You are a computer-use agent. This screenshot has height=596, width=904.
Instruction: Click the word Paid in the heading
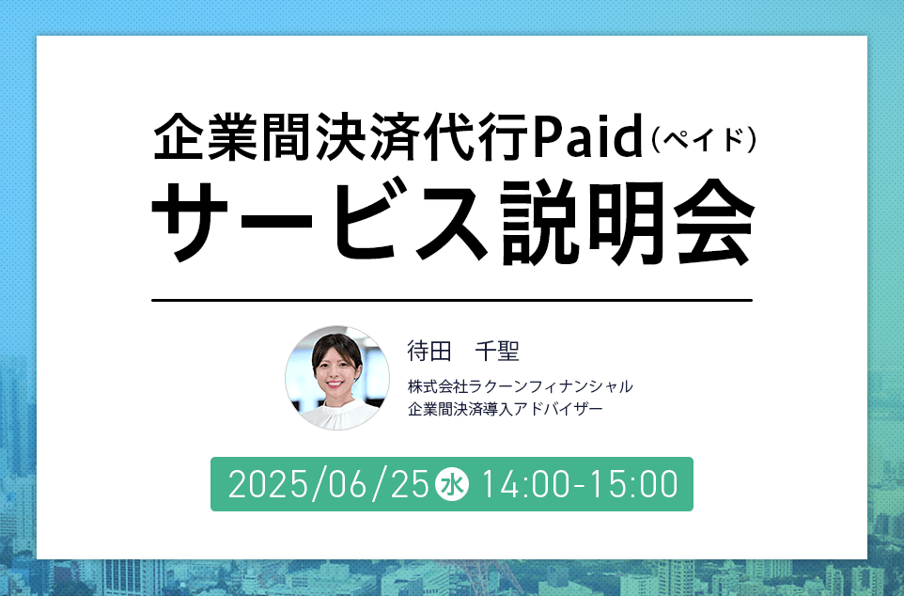[x=587, y=136]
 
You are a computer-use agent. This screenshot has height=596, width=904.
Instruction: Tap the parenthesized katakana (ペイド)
[x=704, y=140]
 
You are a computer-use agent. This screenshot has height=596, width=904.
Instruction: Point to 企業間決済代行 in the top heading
[x=341, y=136]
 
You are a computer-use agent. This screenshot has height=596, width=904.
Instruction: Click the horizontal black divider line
[x=452, y=300]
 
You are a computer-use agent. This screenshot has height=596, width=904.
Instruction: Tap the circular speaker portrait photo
[x=337, y=378]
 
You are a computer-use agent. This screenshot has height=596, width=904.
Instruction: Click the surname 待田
[x=429, y=351]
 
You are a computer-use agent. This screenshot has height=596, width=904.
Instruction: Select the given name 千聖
[x=497, y=351]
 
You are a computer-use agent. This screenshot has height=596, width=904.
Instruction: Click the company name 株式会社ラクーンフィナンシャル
[x=520, y=386]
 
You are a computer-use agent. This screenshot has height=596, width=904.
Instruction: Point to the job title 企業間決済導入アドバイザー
[x=505, y=409]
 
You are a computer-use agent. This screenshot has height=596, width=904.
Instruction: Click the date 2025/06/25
[x=329, y=484]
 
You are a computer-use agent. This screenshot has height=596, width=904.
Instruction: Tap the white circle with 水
[x=453, y=484]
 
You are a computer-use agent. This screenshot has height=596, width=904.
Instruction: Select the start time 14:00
[x=524, y=484]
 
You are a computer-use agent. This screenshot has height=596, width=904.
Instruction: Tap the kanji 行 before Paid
[x=502, y=136]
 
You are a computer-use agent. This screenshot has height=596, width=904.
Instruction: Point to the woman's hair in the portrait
[x=337, y=346]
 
